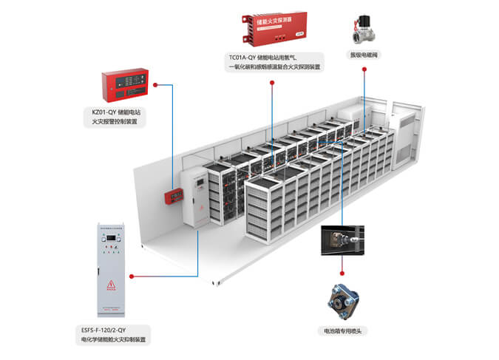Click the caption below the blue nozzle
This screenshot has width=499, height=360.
[343, 330]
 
